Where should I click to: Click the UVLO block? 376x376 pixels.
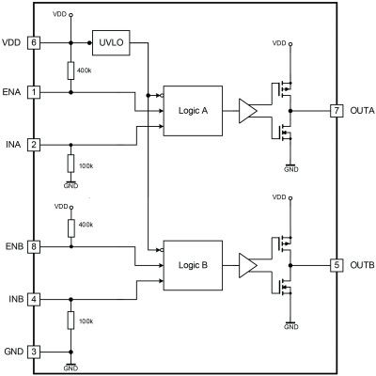click(x=109, y=43)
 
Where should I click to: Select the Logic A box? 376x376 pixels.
click(x=192, y=111)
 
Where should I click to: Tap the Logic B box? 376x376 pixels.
click(x=192, y=265)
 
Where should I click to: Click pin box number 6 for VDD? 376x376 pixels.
click(x=34, y=43)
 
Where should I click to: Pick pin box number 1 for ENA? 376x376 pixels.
click(x=34, y=93)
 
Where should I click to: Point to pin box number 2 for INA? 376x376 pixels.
click(x=34, y=145)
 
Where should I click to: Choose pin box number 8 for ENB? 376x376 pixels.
click(x=34, y=247)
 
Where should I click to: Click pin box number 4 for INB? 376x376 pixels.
click(x=34, y=300)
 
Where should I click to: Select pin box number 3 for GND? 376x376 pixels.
click(x=34, y=352)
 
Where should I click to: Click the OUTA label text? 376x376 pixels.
click(x=361, y=111)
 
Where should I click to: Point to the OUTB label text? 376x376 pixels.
click(x=361, y=266)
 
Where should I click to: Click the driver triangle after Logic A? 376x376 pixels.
click(x=248, y=111)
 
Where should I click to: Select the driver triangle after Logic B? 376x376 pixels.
click(x=248, y=266)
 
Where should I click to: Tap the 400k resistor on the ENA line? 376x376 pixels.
click(x=70, y=70)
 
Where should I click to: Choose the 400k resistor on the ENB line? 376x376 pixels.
click(x=70, y=227)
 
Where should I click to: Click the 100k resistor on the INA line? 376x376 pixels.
click(x=70, y=164)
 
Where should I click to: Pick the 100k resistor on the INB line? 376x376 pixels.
click(x=70, y=321)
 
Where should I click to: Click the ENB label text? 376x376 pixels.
click(x=13, y=247)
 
